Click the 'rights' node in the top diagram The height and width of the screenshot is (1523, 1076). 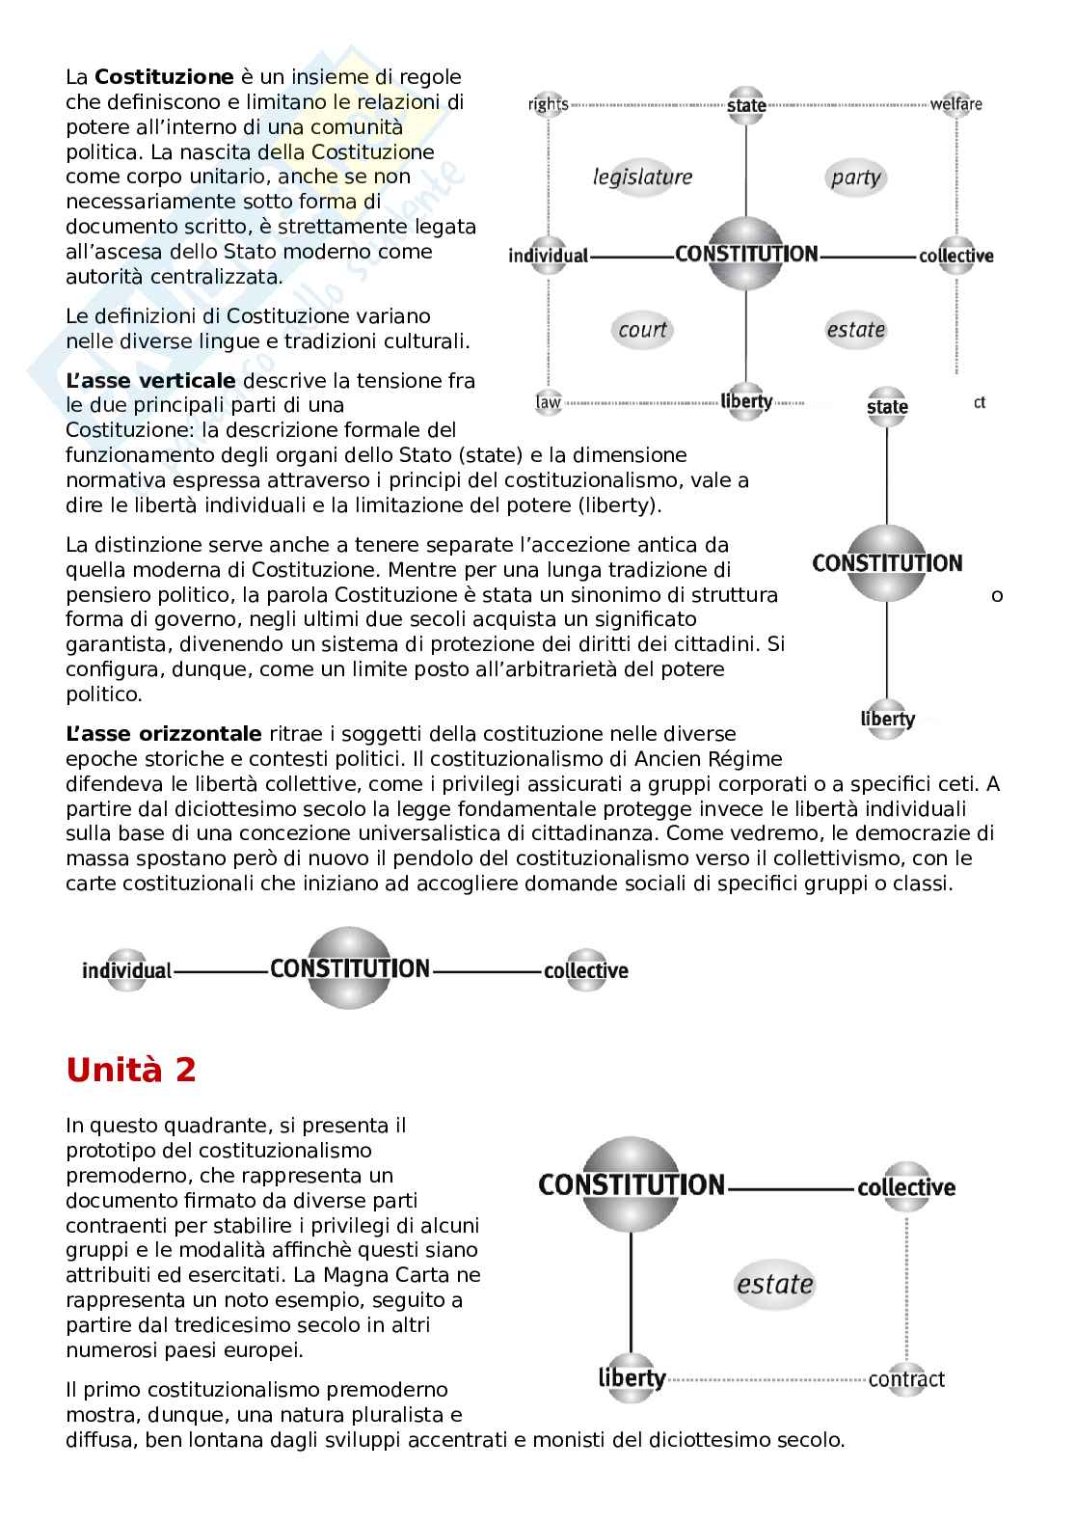point(548,104)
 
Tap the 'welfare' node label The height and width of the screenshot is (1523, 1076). point(955,104)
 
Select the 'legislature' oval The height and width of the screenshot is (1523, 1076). point(642,177)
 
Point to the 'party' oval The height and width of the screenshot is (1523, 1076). point(855,177)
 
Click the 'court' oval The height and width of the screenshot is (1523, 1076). point(643,330)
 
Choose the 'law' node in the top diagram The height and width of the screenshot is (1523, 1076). point(548,401)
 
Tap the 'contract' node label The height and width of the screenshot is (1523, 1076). point(906,1379)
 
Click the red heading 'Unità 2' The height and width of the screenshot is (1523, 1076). point(131,1070)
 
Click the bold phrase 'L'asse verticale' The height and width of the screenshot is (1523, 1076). point(150,380)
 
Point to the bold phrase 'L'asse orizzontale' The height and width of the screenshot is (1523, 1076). point(164,734)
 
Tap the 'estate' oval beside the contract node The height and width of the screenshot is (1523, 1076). point(775,1284)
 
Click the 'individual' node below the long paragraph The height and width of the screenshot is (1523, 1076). point(126,970)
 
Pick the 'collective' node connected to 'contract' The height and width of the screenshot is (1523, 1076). point(906,1187)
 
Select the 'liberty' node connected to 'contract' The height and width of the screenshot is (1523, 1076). point(632,1377)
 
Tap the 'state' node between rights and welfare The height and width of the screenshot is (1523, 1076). point(746,104)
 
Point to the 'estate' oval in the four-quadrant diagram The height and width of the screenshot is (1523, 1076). point(855,330)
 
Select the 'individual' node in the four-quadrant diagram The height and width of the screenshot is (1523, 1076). point(548,256)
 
